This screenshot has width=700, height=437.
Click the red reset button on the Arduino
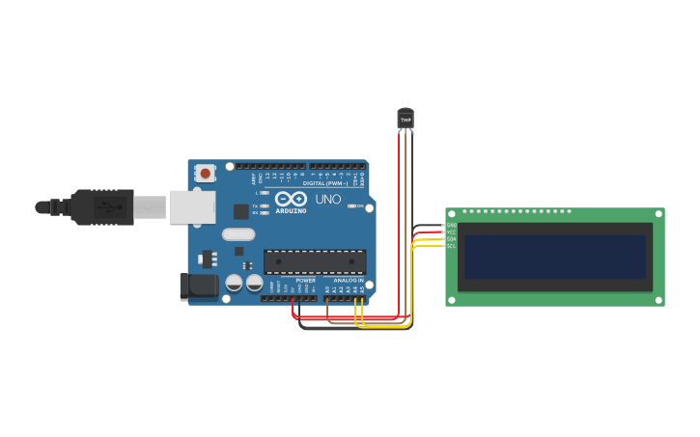205,174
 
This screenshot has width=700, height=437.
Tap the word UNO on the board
328,200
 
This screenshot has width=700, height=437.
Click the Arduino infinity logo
291,200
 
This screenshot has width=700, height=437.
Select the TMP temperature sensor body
406,118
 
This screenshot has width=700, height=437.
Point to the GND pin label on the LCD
451,226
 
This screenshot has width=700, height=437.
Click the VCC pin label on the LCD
451,232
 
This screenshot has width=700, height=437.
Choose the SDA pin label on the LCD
451,239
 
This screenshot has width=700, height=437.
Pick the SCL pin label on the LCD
451,246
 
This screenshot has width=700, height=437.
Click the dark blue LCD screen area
554,257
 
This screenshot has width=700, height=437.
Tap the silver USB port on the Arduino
192,206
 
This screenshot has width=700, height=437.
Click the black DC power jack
197,286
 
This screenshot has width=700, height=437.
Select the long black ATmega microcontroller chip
315,261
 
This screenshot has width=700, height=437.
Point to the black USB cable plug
101,206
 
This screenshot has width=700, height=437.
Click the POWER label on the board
305,281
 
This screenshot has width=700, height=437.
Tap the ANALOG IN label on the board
349,281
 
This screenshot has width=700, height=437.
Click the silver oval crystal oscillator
238,233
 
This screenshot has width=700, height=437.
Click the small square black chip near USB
240,211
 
